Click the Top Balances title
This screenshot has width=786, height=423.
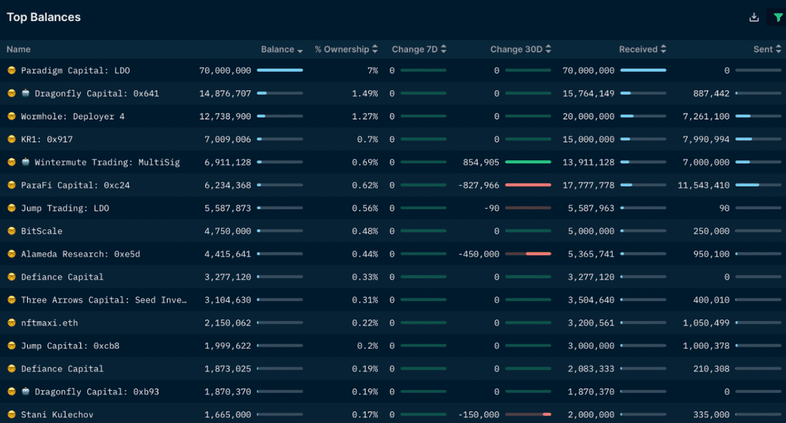click(44, 17)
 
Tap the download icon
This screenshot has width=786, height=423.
click(754, 17)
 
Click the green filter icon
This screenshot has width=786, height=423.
click(778, 17)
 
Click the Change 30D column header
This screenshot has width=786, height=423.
click(516, 49)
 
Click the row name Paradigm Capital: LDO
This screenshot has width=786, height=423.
click(75, 71)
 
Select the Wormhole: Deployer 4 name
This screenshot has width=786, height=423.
click(73, 117)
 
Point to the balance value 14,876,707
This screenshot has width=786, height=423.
click(225, 94)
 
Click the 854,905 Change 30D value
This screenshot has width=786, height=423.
click(481, 163)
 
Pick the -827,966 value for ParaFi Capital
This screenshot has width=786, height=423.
click(479, 186)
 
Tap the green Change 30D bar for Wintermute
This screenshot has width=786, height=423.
click(528, 162)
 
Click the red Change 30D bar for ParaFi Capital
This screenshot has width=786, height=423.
click(528, 185)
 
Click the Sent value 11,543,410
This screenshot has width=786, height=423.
click(703, 186)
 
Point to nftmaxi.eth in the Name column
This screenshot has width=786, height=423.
click(49, 323)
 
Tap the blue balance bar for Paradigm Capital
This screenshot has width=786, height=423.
click(280, 71)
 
